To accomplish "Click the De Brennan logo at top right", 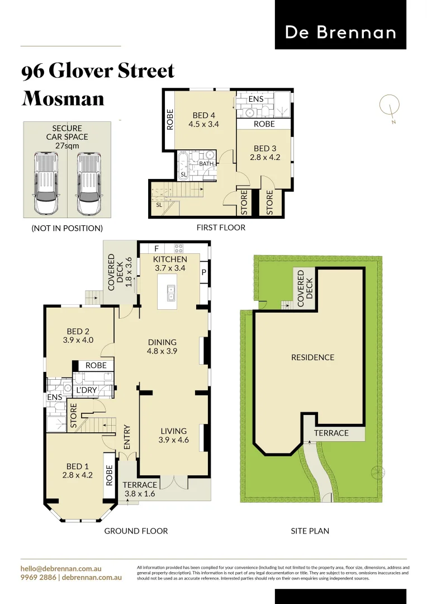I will (x=340, y=32).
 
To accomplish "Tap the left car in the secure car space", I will (x=46, y=183).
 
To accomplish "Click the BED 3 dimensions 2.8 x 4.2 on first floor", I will (x=264, y=158).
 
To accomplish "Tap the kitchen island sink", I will (x=171, y=290).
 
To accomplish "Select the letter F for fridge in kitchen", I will (x=156, y=248).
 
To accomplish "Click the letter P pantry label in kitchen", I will (x=204, y=272).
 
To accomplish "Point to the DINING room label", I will (x=162, y=342).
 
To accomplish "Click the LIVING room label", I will (x=173, y=431).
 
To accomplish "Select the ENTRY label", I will (x=127, y=437).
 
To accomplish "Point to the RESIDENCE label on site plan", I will (x=312, y=357).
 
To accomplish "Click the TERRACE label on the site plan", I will (x=331, y=433).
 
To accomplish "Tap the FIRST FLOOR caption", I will (x=221, y=228).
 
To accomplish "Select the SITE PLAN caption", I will (x=310, y=531).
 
